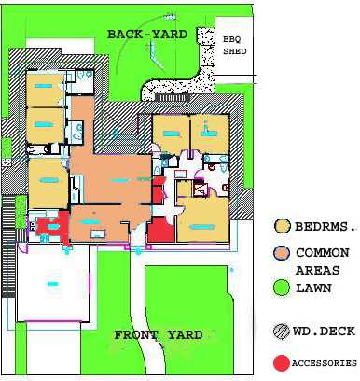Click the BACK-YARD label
[x=147, y=34]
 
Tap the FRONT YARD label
[x=159, y=335]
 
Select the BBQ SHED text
[x=235, y=46]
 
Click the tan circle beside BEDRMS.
[x=283, y=226]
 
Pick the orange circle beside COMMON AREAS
[x=282, y=253]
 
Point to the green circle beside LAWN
[x=282, y=288]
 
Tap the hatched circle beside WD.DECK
[x=282, y=332]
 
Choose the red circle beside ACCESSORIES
[x=282, y=363]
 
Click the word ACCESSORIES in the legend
[x=325, y=363]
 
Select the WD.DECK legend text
[x=324, y=331]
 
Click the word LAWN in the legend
[x=313, y=289]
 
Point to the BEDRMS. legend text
[x=325, y=226]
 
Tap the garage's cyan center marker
[x=52, y=284]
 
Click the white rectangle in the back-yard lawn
[x=60, y=46]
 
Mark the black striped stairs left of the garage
[x=8, y=246]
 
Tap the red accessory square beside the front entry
[x=160, y=231]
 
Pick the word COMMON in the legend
[x=323, y=253]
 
